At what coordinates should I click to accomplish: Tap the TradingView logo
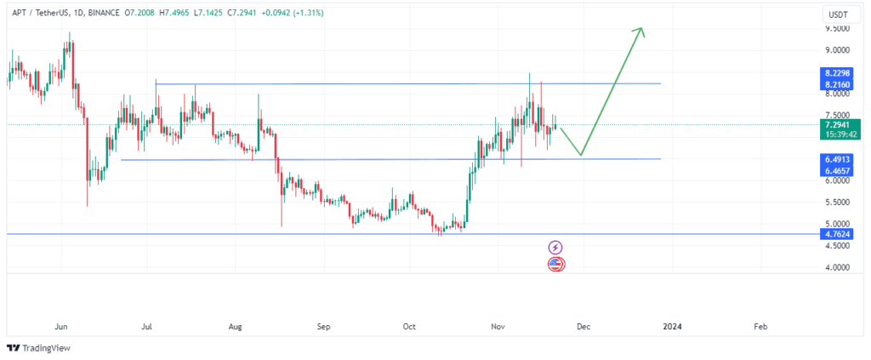(x=40, y=347)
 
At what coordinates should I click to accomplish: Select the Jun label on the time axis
(x=60, y=326)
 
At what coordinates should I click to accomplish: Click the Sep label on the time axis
(x=322, y=326)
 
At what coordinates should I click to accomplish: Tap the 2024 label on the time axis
(x=672, y=326)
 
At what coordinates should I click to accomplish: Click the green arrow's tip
(x=641, y=30)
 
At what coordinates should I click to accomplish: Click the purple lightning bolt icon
(x=555, y=247)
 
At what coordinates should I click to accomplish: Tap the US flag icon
(x=555, y=264)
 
